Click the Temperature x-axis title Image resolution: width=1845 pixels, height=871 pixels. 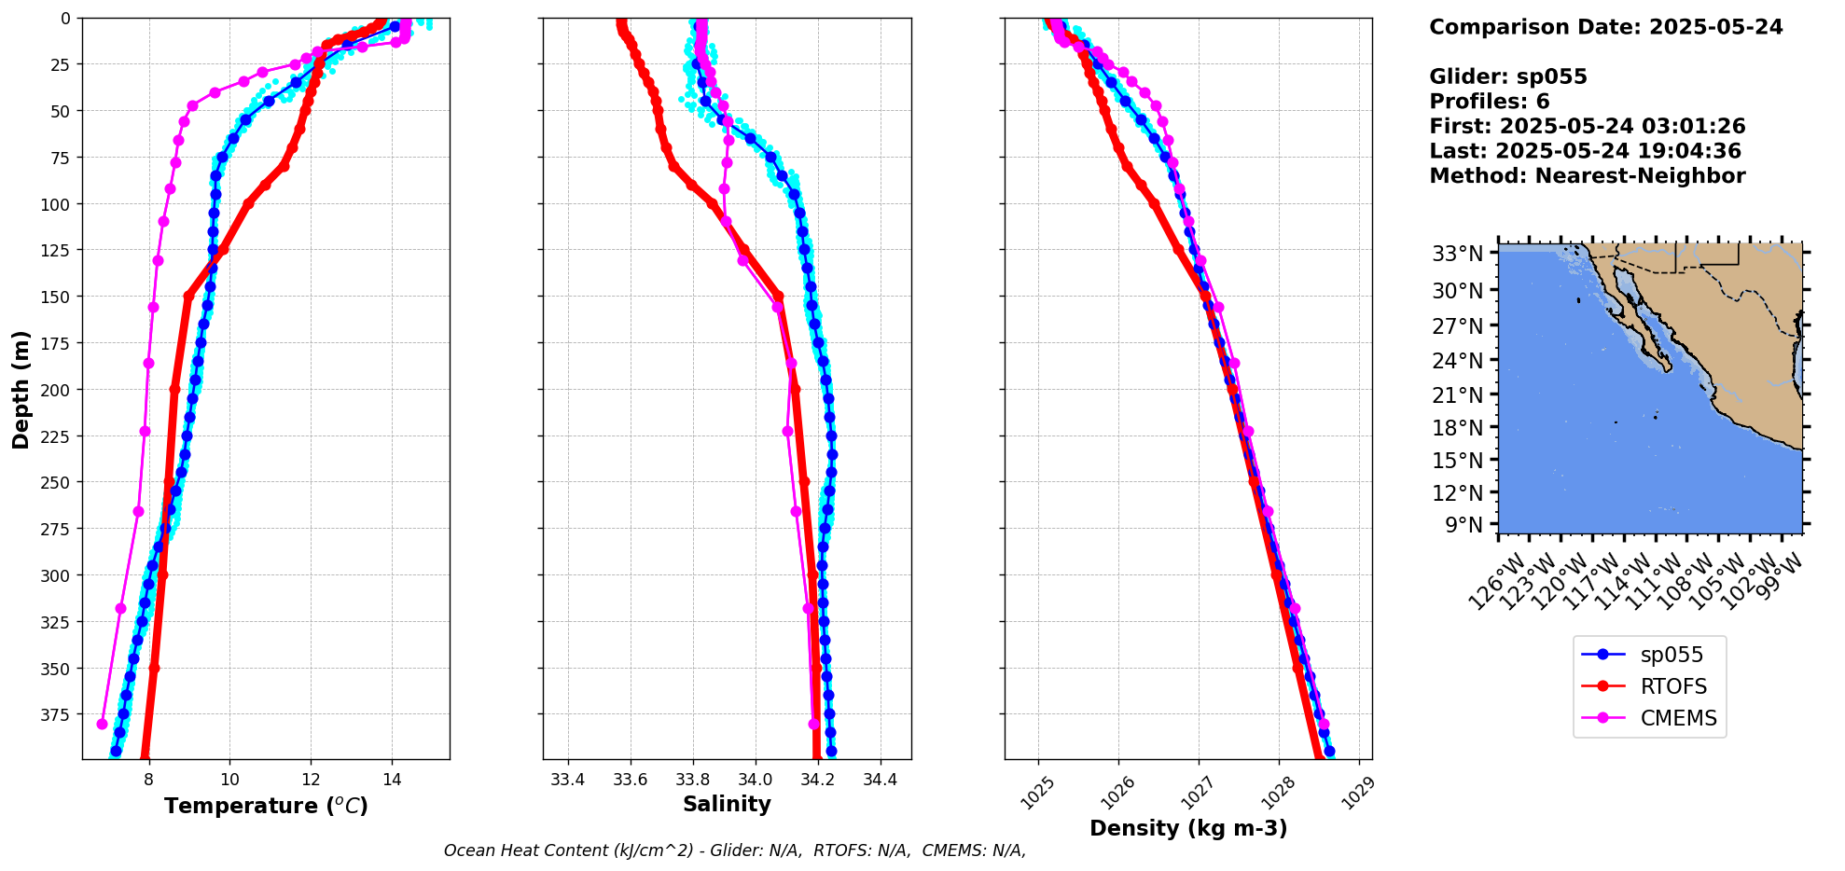coord(266,806)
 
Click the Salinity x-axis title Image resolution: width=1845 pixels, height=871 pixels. coord(727,805)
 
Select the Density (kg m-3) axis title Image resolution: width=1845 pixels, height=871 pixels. coord(1188,828)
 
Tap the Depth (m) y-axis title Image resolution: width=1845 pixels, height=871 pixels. coord(21,389)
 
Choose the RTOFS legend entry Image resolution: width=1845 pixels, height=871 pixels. coord(1673,686)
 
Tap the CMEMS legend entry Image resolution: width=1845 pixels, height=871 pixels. coord(1678,718)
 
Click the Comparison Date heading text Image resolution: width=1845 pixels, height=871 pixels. coord(1605,27)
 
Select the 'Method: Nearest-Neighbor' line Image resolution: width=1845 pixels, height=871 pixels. coord(1587,176)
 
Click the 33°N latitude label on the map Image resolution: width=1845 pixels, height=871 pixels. coord(1457,254)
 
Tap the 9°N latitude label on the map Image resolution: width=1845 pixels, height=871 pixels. coord(1463,525)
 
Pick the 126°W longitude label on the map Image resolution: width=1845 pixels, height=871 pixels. coord(1497,582)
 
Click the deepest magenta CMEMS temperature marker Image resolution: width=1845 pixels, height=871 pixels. coord(103,724)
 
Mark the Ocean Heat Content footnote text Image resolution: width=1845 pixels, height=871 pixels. coord(734,850)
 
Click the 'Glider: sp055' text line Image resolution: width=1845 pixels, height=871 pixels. coord(1507,76)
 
